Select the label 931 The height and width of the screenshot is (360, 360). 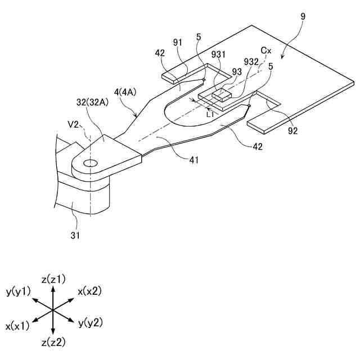click(x=218, y=55)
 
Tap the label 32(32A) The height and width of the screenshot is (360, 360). click(x=94, y=103)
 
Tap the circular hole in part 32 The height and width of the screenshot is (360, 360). click(x=89, y=163)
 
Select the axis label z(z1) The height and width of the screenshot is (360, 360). click(x=53, y=279)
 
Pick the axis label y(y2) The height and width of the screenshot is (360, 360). click(x=90, y=322)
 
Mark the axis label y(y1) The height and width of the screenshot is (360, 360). click(x=18, y=291)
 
